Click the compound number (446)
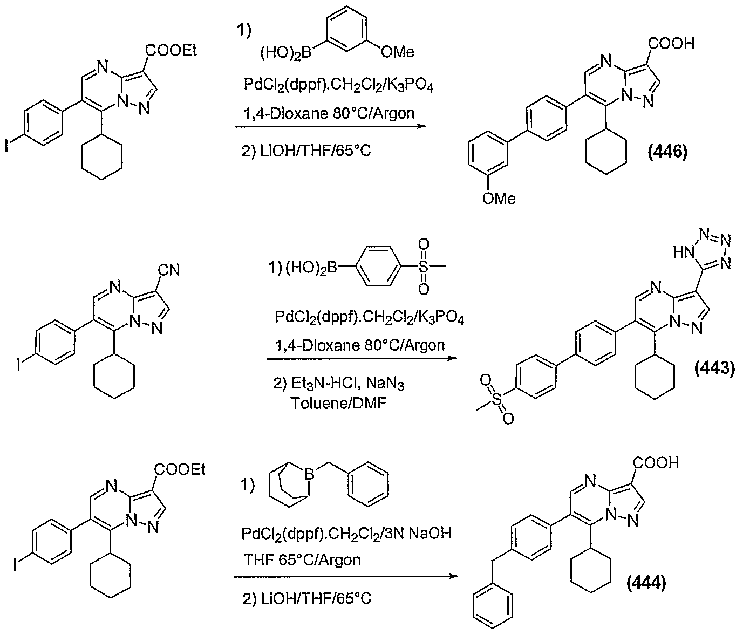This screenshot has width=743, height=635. pos(667,152)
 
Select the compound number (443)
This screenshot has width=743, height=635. pos(714,368)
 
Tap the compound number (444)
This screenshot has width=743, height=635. pos(646,583)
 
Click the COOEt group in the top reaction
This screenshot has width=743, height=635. pos(172,51)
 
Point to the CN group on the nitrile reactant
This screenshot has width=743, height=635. pos(168,270)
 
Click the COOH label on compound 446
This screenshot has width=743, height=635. pos(671,44)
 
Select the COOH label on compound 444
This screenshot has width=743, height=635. pos(656,462)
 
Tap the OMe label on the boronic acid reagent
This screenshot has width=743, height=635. pos(398,52)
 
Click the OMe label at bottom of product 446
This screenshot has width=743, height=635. pos(499,199)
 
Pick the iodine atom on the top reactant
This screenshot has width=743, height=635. pos(7,146)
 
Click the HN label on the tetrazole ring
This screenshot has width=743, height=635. pos(684,252)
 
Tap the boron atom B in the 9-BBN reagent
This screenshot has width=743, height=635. pos(310,475)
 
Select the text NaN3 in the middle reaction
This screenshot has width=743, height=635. pos(385,385)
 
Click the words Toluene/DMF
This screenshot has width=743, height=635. pos(339,403)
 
